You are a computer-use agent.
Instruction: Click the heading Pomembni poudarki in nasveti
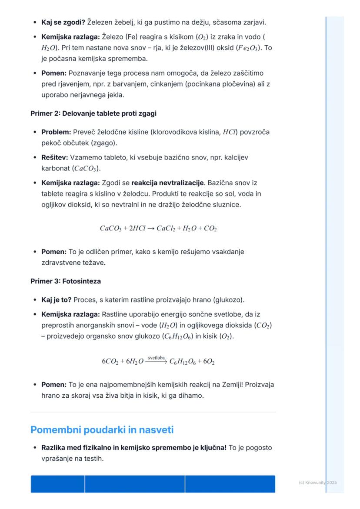click(x=102, y=430)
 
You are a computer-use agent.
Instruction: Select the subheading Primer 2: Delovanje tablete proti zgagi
click(x=93, y=113)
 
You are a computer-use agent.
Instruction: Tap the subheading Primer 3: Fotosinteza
click(x=66, y=281)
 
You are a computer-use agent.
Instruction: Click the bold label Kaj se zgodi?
click(x=63, y=22)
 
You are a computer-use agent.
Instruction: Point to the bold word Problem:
click(x=56, y=132)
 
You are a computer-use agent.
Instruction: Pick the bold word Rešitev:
click(x=55, y=157)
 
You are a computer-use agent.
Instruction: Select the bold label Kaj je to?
click(x=57, y=300)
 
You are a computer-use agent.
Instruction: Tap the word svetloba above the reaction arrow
click(x=156, y=358)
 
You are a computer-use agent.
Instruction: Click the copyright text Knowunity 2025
click(x=318, y=482)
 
